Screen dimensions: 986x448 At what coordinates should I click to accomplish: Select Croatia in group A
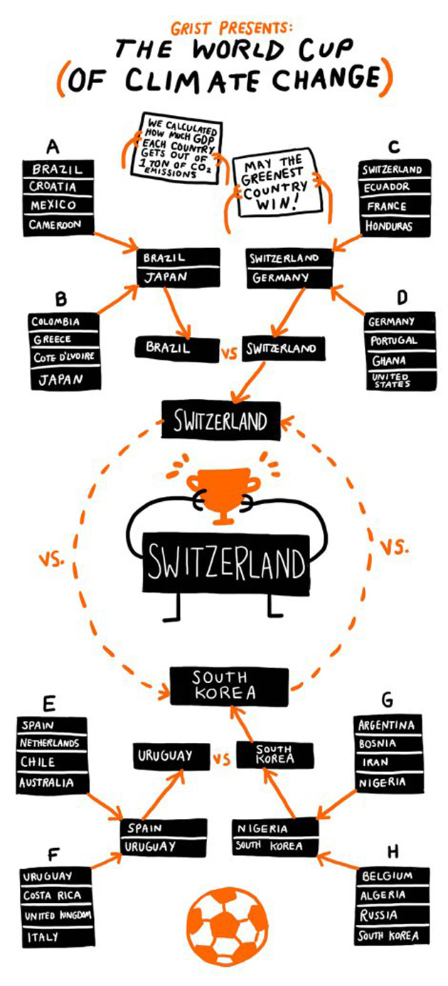pos(53,187)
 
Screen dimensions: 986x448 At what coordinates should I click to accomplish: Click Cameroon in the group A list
pos(61,225)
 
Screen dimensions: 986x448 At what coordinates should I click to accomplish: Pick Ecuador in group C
pos(387,187)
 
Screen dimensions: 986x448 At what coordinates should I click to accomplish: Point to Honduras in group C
pos(390,225)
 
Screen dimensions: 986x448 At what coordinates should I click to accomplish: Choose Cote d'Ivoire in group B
pos(63,357)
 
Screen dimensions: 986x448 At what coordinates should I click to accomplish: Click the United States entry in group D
pos(391,380)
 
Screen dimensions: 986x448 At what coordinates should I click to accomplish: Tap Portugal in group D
pos(393,341)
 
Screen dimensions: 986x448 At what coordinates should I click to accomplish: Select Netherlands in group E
pos(50,744)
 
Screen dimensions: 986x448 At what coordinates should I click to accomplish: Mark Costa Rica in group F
pos(53,896)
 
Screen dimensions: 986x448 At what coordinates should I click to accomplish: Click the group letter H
pos(393,851)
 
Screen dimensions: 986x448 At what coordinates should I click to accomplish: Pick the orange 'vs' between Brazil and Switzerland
pos(229,353)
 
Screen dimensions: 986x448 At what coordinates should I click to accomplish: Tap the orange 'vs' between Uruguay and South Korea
pos(223,760)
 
